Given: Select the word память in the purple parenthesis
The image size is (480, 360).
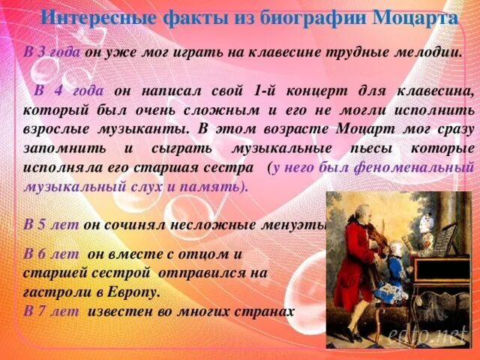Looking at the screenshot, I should [214, 187].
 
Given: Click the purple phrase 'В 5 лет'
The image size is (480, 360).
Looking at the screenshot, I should [51, 223].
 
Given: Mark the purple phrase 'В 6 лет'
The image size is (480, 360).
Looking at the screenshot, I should [51, 253].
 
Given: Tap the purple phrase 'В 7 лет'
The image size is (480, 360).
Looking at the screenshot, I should [51, 310].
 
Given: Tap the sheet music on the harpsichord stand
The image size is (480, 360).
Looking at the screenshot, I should [442, 238].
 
